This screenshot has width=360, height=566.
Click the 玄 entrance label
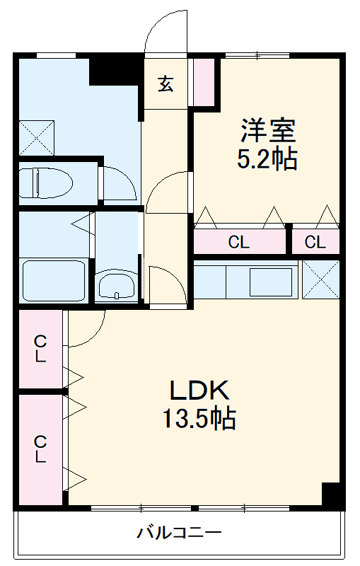(166, 84)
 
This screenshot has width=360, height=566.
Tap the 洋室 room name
(268, 130)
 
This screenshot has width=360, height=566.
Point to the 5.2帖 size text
(267, 158)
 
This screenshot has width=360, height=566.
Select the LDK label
(199, 391)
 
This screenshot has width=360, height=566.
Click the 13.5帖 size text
(199, 418)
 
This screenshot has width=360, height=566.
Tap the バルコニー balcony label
(179, 533)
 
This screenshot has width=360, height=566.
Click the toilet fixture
(45, 183)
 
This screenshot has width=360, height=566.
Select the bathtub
(54, 280)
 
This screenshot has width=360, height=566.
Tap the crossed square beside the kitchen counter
(320, 279)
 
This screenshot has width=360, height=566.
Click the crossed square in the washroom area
(36, 138)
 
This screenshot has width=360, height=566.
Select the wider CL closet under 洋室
(240, 241)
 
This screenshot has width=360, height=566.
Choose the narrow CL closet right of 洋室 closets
(315, 241)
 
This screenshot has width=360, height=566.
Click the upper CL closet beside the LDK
(40, 349)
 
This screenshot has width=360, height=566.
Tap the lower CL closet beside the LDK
(40, 450)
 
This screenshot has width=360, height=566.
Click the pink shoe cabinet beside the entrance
(204, 81)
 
